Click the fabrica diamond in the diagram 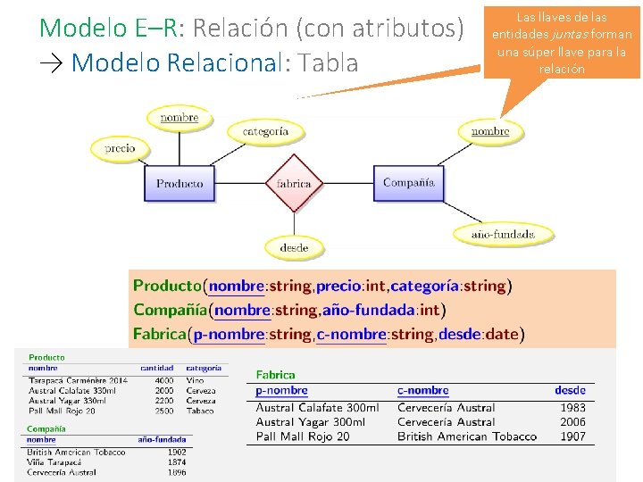[294, 184]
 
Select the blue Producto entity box [180, 184]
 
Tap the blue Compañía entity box [408, 183]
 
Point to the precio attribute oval [119, 148]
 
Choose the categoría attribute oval [265, 131]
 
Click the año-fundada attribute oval [503, 235]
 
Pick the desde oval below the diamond [294, 247]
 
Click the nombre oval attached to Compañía [490, 131]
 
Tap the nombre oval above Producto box [180, 118]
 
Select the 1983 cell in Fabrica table [572, 408]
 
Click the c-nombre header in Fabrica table [422, 390]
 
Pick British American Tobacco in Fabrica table [467, 436]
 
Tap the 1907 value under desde [572, 436]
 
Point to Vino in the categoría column [195, 380]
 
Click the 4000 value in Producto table [163, 380]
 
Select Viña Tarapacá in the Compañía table [54, 462]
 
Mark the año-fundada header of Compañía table [163, 439]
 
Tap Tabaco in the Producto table [200, 411]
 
